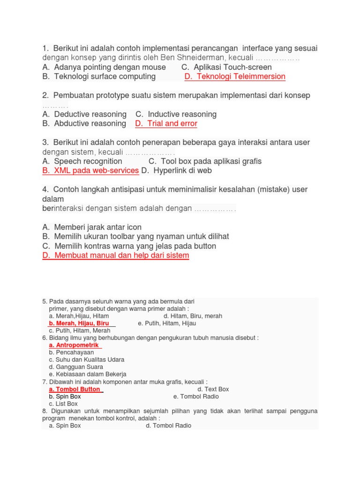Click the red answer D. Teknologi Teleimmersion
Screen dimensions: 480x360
tap(235, 76)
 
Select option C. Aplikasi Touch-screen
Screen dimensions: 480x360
tap(226, 67)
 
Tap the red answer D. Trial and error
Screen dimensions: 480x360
tap(166, 123)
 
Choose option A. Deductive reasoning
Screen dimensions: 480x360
tap(84, 114)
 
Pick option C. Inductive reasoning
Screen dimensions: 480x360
tap(176, 114)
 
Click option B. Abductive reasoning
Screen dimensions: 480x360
tap(84, 123)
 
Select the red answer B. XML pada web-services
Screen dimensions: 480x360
tap(90, 171)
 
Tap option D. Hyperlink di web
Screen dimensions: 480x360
tap(176, 171)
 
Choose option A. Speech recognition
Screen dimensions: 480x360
tap(82, 161)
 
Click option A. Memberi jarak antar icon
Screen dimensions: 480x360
tap(91, 227)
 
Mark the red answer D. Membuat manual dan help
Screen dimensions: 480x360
tap(115, 255)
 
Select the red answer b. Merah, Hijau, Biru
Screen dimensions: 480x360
tap(79, 323)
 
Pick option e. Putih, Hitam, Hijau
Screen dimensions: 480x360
tap(167, 323)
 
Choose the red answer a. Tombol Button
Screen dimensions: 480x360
tap(75, 389)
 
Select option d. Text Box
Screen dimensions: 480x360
tap(213, 389)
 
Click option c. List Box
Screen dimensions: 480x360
tap(63, 404)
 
